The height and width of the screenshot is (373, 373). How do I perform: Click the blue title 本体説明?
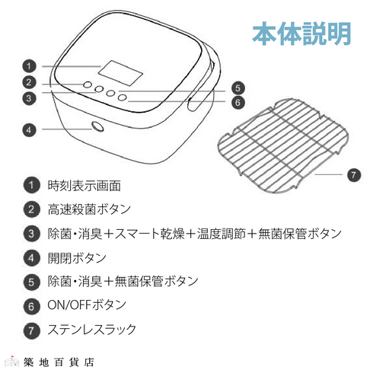click(x=301, y=33)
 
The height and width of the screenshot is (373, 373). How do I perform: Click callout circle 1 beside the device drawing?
click(x=29, y=65)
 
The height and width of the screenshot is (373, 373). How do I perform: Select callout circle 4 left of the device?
click(x=29, y=130)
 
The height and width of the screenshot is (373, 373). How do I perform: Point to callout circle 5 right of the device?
click(x=238, y=88)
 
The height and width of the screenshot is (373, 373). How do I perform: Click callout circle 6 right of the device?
click(x=238, y=102)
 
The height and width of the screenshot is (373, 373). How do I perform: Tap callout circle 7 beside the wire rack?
click(x=352, y=174)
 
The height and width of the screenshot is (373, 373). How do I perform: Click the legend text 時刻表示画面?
click(x=84, y=185)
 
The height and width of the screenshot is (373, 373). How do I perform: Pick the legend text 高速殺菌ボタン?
click(x=89, y=209)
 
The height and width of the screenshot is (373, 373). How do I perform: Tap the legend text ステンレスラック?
click(x=92, y=330)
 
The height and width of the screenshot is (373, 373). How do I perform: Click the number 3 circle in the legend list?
click(x=31, y=233)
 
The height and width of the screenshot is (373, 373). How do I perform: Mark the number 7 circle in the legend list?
click(x=31, y=330)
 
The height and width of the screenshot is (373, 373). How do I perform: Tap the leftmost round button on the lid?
click(x=88, y=85)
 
